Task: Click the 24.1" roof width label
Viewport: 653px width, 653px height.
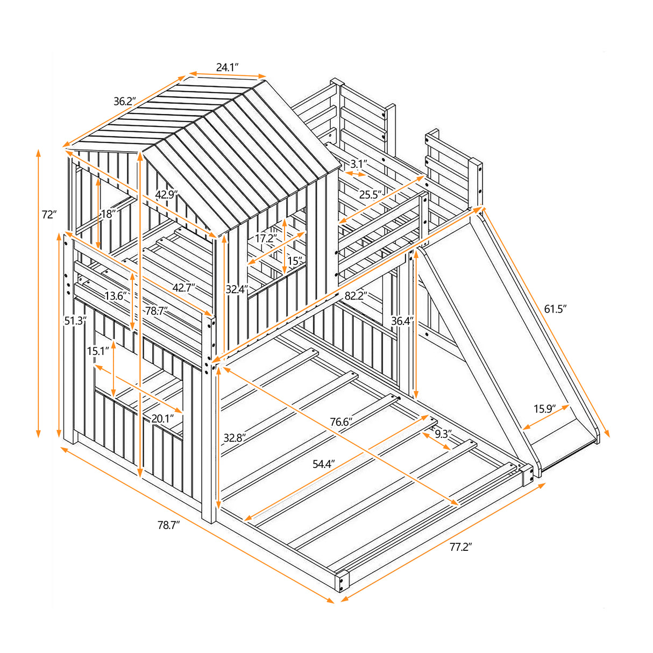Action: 228,67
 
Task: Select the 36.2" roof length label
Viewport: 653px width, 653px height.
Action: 125,101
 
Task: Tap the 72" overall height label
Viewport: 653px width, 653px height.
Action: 49,215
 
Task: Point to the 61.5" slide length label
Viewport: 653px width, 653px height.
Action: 556,308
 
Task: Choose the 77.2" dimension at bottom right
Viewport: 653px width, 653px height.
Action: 460,547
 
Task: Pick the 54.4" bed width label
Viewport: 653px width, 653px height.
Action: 324,463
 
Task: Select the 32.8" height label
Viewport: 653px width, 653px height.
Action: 235,438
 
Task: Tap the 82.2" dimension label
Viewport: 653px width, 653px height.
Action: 356,295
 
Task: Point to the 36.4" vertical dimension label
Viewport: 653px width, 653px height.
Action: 402,321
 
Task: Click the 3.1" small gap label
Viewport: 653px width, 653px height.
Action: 358,164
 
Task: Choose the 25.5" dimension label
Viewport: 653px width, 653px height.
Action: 371,195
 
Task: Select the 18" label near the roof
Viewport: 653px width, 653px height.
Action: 108,214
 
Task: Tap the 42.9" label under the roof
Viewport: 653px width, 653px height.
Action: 167,195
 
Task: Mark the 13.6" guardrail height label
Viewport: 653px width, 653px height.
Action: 116,295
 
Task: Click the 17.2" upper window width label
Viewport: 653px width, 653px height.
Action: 266,238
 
